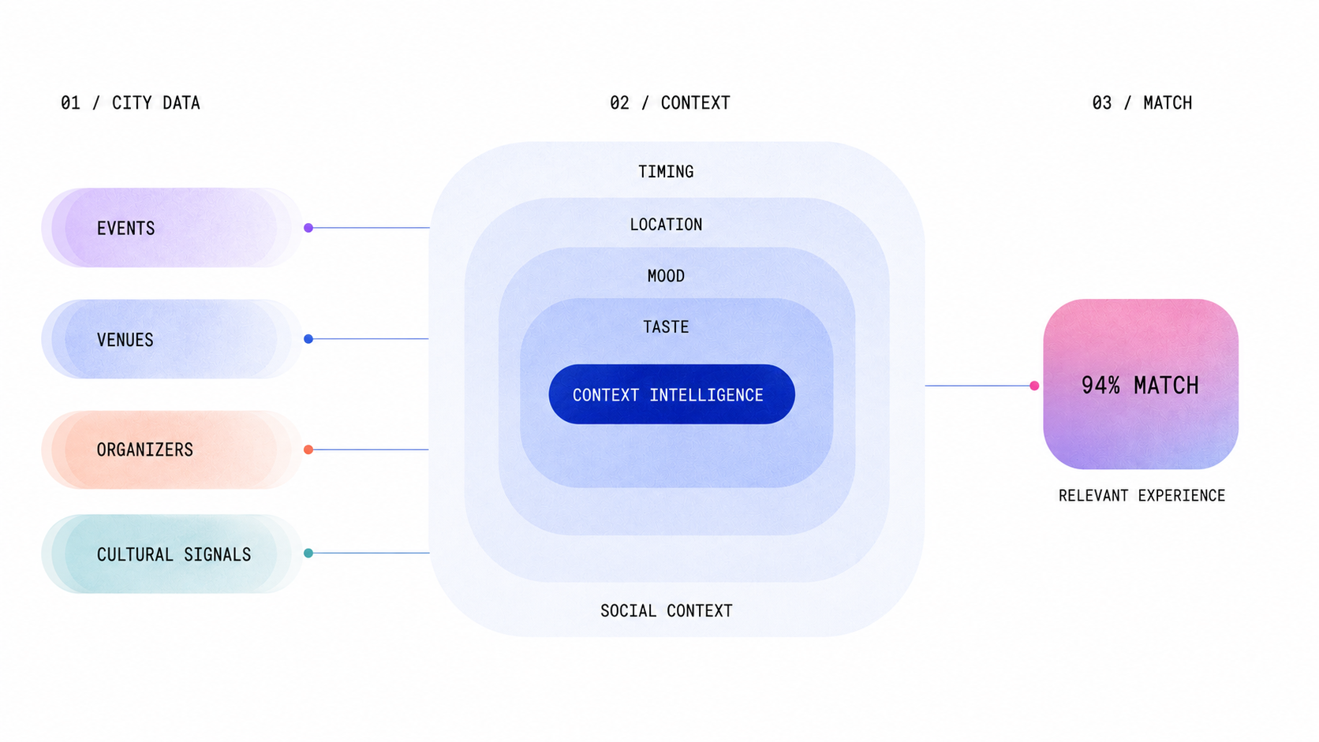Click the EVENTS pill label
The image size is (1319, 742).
point(125,229)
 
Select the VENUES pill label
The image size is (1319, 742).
point(125,340)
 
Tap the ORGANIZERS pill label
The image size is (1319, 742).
point(145,450)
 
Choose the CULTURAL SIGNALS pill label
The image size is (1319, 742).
point(174,554)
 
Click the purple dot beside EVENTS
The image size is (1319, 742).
point(308,228)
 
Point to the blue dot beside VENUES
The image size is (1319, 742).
point(308,339)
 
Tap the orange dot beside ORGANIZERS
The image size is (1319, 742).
point(308,449)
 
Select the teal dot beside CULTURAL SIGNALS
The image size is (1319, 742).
point(308,553)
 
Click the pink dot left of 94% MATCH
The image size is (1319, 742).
point(1034,386)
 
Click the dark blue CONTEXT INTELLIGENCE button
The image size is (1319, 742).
point(672,394)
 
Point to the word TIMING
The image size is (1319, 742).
point(666,172)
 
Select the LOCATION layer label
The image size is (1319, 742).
point(666,225)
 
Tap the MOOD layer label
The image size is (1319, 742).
point(666,276)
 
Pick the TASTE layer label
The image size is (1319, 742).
point(666,327)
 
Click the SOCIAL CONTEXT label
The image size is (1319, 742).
point(667,611)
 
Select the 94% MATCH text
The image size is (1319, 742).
point(1140,386)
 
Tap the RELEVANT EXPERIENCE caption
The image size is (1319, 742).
point(1142,495)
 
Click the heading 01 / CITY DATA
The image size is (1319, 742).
point(131,103)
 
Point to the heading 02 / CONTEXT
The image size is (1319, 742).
point(670,103)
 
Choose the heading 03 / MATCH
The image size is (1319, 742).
point(1142,103)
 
